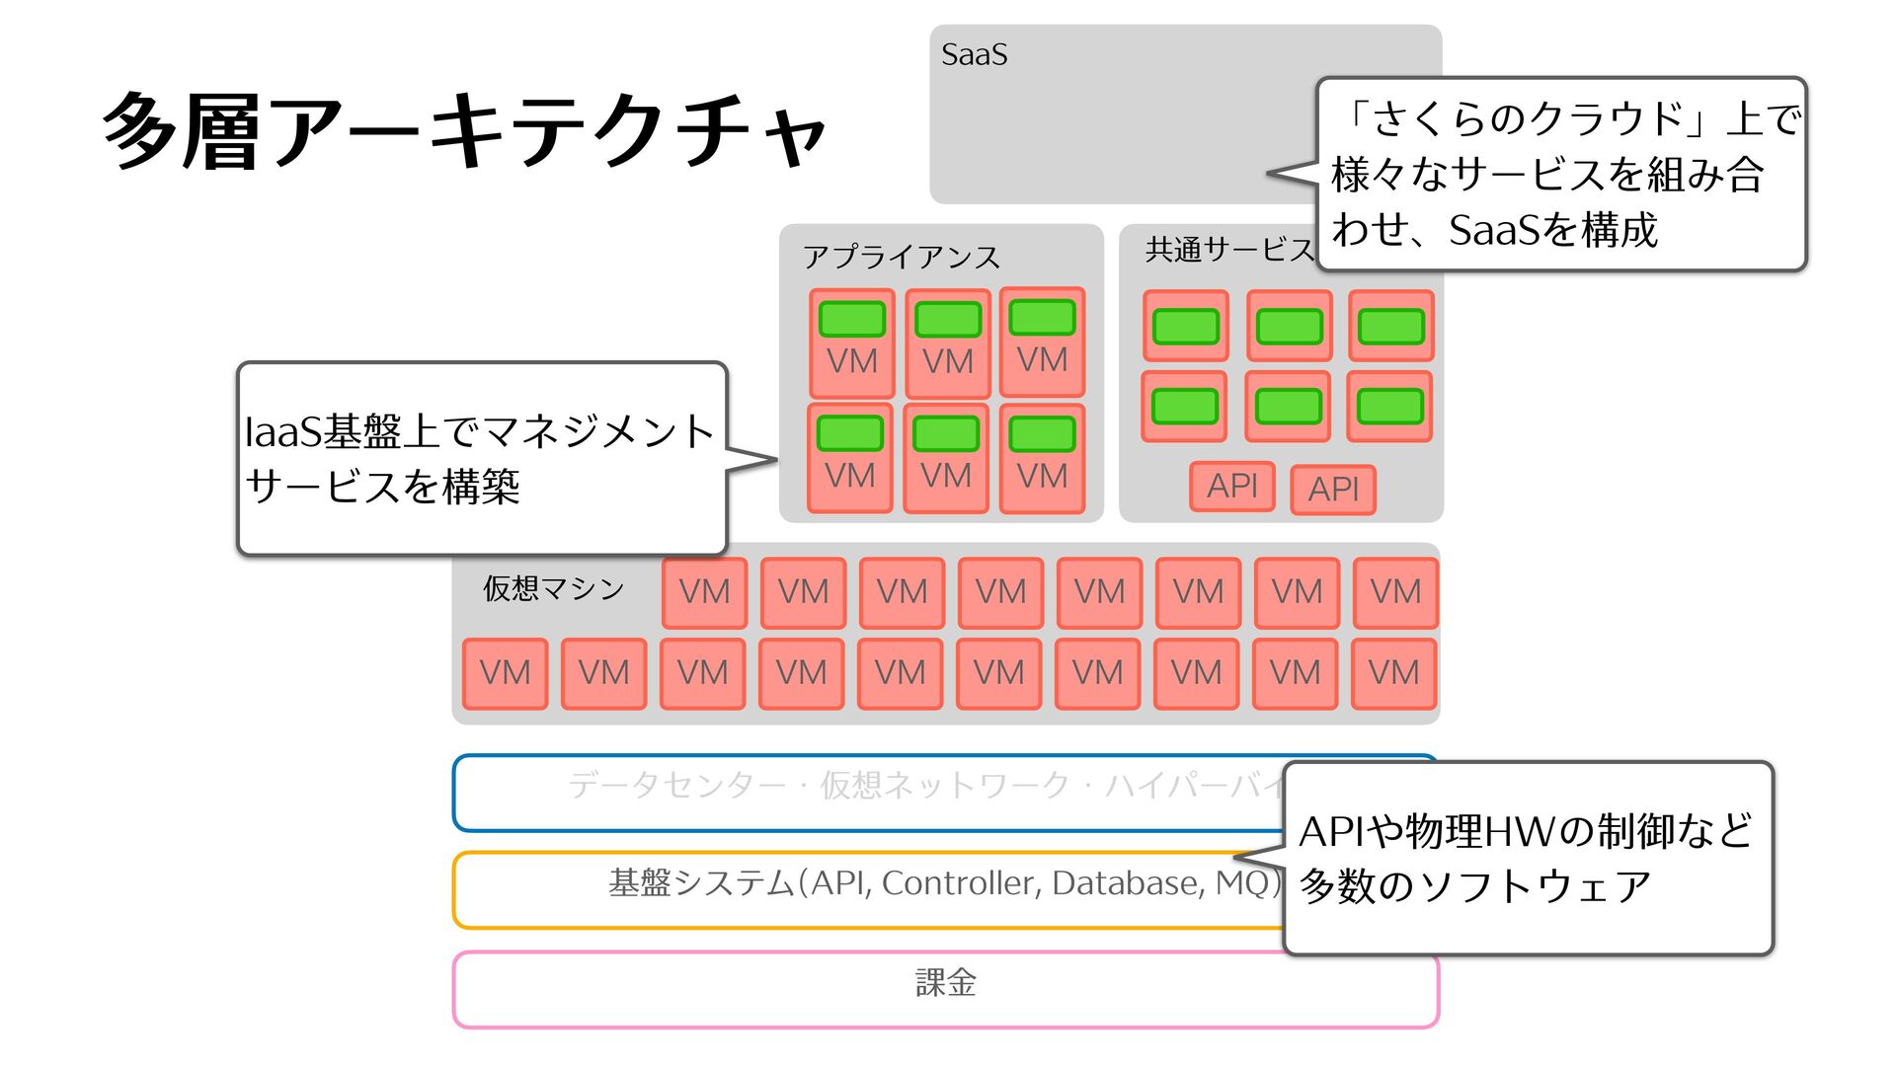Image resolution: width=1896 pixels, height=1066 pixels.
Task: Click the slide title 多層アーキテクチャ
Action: [464, 130]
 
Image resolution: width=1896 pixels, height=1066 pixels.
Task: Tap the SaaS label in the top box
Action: [974, 54]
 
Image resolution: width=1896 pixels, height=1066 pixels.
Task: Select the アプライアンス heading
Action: [901, 257]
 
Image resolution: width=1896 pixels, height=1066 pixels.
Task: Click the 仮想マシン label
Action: [553, 588]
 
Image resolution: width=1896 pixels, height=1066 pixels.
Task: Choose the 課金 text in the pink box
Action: [945, 983]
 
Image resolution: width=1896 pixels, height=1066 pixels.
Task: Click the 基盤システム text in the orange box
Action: [943, 882]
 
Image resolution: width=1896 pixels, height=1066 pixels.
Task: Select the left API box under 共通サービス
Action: [1231, 486]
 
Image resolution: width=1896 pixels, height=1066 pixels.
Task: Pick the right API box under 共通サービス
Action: [1333, 489]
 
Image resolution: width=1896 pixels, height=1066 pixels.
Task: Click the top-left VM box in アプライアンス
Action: [851, 343]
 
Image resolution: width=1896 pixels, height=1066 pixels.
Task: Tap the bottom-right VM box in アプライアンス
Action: [1042, 458]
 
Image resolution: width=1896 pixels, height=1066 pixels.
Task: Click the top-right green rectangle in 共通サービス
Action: [1390, 326]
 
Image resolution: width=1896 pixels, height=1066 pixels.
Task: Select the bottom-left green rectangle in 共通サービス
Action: [1184, 406]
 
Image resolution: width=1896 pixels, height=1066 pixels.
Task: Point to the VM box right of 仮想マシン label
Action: [704, 592]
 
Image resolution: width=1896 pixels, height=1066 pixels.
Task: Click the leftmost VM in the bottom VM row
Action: [505, 673]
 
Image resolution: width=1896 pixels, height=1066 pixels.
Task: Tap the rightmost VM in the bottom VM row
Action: [1393, 673]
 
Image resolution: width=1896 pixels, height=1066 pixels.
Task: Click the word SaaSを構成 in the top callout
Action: [1552, 230]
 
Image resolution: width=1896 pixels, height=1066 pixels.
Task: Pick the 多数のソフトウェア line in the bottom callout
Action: [1474, 885]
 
